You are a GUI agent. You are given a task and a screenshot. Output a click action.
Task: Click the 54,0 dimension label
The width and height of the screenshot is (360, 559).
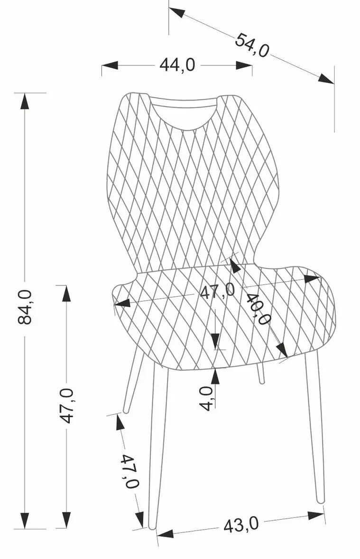(x=251, y=45)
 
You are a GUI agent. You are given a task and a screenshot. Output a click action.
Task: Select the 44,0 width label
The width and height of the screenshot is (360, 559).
(x=177, y=65)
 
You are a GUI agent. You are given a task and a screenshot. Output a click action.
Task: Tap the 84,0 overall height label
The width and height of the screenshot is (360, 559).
(x=25, y=306)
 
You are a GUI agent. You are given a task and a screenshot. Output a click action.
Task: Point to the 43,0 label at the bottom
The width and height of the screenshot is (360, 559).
(x=241, y=525)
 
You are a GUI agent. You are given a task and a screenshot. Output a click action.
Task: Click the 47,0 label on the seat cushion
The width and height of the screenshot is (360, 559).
(x=217, y=291)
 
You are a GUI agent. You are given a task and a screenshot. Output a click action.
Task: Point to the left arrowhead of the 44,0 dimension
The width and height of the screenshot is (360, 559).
(x=110, y=65)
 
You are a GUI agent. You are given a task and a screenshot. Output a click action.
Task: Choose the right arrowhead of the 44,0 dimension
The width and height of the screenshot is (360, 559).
(x=244, y=65)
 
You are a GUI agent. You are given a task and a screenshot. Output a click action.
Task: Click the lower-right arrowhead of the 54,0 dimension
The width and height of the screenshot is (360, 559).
(x=326, y=78)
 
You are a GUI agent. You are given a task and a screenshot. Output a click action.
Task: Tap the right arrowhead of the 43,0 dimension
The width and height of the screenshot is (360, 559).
(x=316, y=515)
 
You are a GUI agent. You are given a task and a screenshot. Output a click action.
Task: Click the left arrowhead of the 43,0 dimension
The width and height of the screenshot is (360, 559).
(x=165, y=533)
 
